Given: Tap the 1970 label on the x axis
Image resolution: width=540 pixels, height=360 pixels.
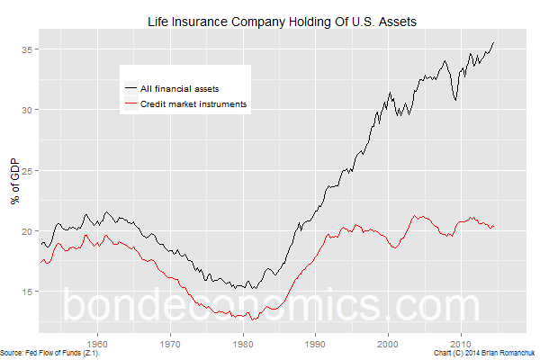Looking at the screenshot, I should coord(170,343).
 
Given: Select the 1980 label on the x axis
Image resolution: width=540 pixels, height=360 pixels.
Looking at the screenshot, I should coord(243,343).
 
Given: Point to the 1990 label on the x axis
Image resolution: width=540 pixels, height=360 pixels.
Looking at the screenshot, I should coord(315,343).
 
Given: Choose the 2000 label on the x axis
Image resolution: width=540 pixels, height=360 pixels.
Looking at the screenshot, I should coord(388,343).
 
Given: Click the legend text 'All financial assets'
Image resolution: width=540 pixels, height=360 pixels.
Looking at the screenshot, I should coord(184,88).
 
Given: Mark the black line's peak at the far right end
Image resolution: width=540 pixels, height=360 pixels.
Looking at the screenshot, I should coord(493,43).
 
